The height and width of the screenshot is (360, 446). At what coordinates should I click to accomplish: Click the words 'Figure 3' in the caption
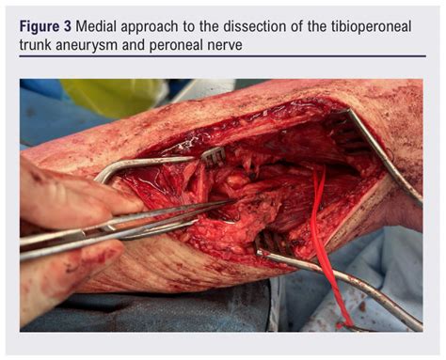click(x=48, y=25)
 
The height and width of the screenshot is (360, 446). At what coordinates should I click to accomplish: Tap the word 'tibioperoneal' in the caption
click(x=382, y=25)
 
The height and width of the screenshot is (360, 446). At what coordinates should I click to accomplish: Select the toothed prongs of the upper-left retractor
click(x=213, y=156)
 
